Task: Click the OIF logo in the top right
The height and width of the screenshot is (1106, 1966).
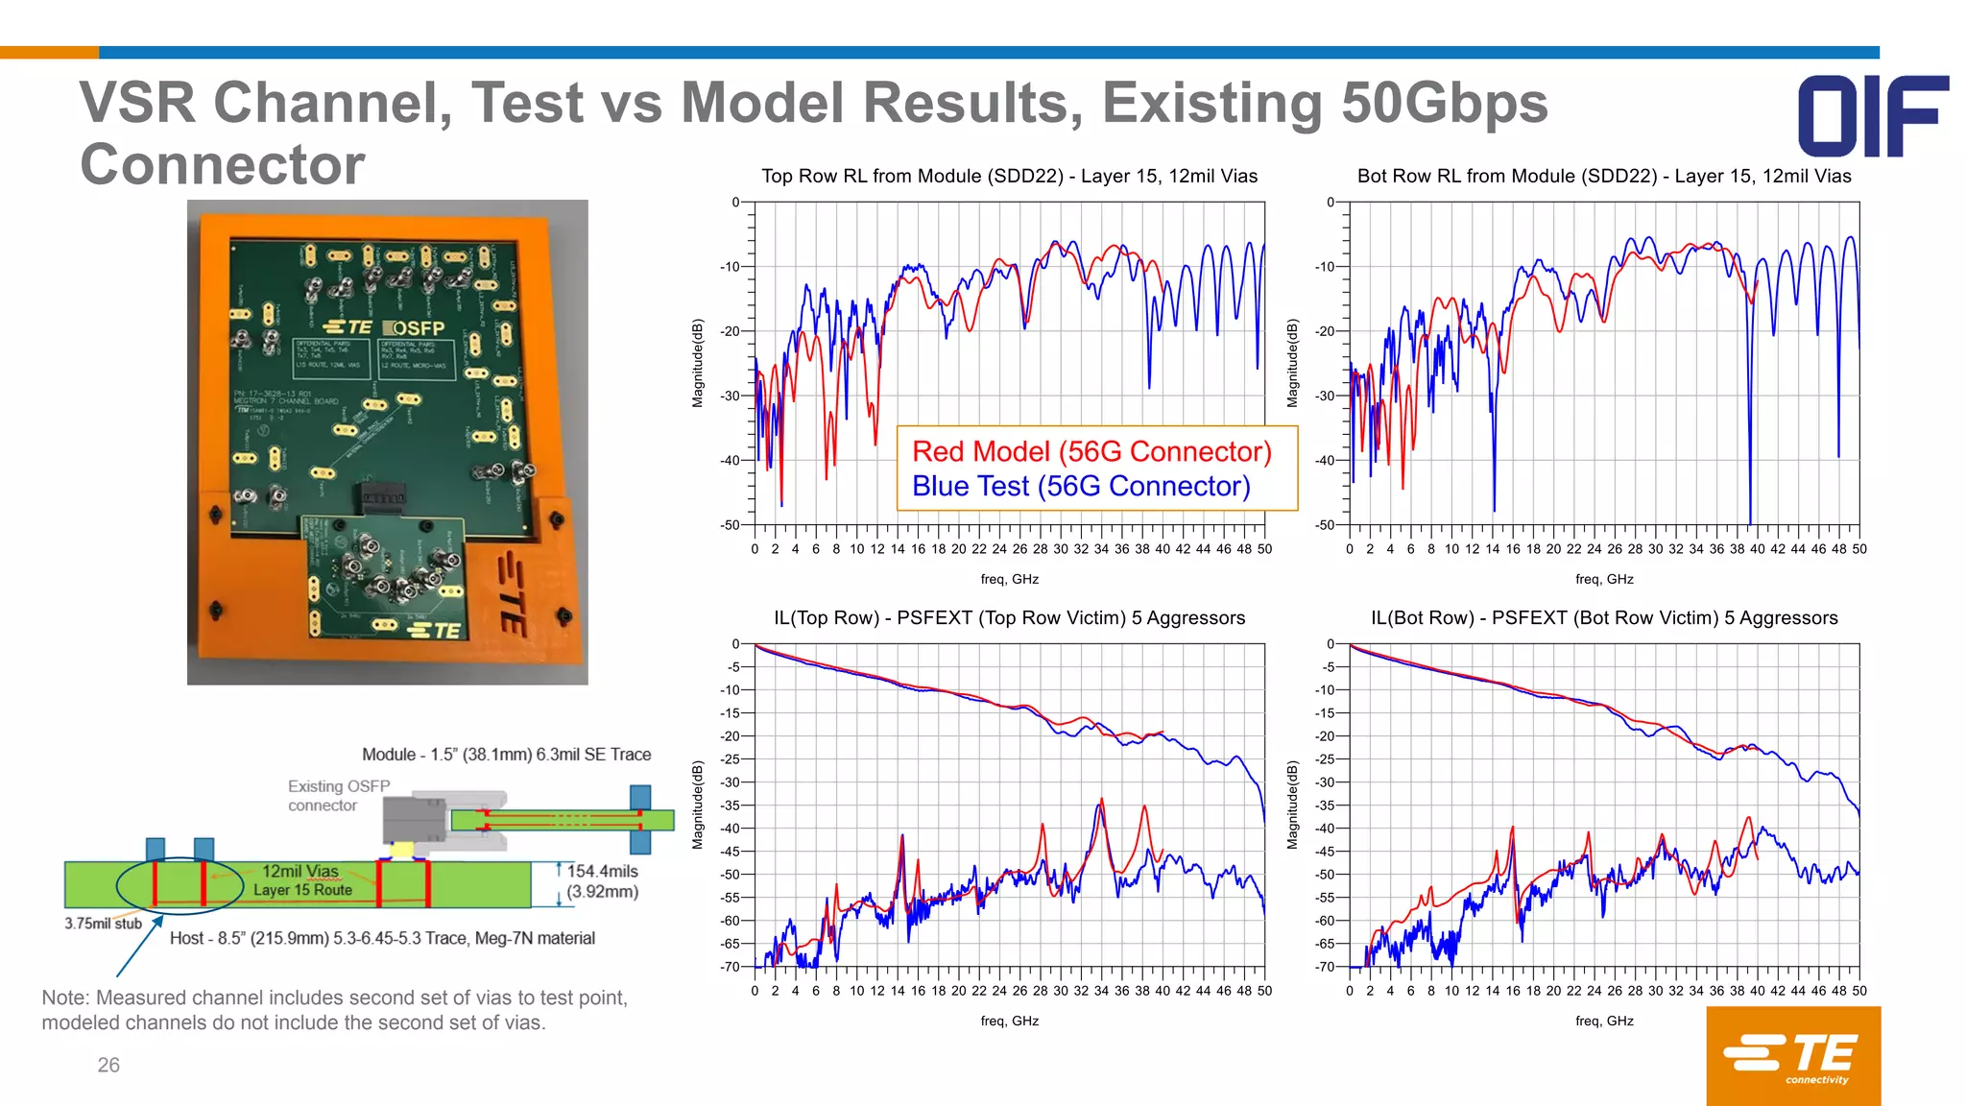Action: tap(1872, 116)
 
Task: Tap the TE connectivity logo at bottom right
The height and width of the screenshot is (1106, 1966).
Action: tap(1792, 1055)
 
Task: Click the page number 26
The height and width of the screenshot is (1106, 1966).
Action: tap(108, 1065)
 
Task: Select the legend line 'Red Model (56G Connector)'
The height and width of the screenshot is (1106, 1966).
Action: tap(1091, 451)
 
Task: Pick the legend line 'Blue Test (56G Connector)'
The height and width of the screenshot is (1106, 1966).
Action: tap(1081, 487)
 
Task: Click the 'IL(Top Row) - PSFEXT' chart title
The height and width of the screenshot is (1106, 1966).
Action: tap(1009, 617)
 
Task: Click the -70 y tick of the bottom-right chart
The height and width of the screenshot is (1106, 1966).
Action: tap(1325, 967)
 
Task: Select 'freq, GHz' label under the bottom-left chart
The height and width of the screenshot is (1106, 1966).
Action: tap(1009, 1021)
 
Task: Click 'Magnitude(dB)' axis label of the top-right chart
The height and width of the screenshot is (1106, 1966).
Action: tap(1292, 363)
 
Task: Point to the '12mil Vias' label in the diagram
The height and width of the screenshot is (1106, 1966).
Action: tap(300, 871)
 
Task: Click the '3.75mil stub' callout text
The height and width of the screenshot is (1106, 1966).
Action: tap(103, 924)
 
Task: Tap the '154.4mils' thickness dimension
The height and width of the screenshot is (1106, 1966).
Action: tap(602, 871)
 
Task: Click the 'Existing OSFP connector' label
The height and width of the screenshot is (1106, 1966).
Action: tap(338, 795)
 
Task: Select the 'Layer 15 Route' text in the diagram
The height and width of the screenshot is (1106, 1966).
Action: tap(302, 890)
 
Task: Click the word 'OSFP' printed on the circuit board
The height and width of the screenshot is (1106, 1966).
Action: tap(420, 327)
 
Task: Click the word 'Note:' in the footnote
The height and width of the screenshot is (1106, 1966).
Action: tap(65, 998)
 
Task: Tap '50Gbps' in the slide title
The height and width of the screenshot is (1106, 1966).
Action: tap(1444, 103)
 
